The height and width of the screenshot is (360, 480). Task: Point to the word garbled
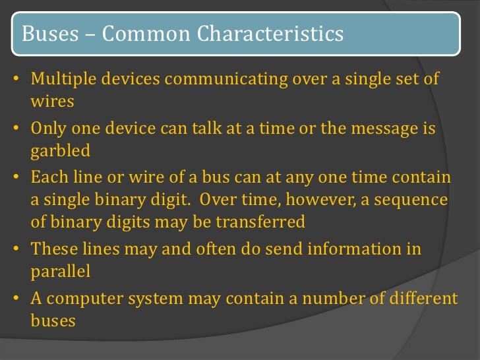click(60, 151)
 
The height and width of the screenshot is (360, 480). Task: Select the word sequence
click(409, 200)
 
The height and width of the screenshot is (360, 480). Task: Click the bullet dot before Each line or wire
click(15, 178)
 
